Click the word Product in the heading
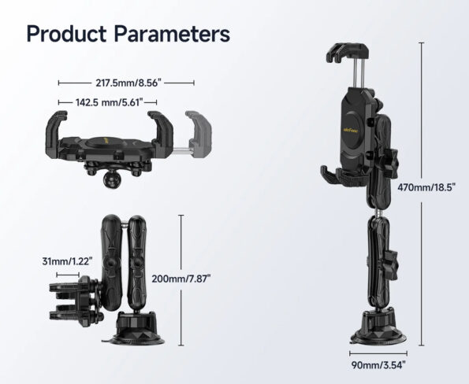[66, 34]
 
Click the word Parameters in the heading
[172, 34]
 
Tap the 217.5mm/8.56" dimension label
[128, 83]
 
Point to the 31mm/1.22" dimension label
[67, 261]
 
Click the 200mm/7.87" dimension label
[181, 279]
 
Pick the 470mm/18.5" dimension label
[426, 187]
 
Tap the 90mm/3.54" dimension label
[378, 365]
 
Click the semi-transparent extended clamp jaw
[198, 135]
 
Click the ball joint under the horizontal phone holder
[110, 181]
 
